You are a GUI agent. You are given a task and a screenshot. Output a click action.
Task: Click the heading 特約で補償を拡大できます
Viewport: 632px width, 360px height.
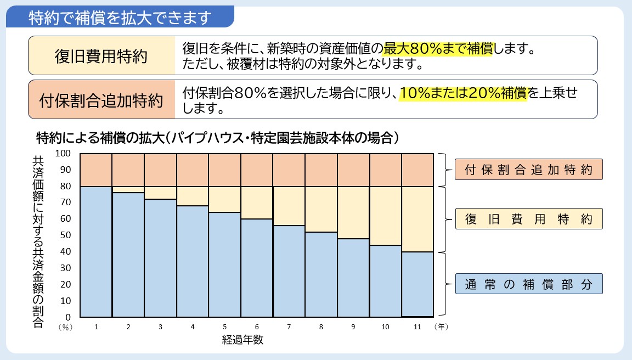[x=120, y=18]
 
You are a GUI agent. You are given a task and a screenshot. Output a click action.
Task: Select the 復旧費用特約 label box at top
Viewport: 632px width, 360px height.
[x=101, y=55]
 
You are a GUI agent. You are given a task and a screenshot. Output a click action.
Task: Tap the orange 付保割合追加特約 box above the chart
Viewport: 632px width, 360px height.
[x=101, y=99]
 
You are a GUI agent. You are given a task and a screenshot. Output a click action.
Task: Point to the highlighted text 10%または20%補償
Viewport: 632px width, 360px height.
[x=463, y=93]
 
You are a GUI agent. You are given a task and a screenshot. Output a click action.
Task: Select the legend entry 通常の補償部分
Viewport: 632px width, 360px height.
[x=529, y=284]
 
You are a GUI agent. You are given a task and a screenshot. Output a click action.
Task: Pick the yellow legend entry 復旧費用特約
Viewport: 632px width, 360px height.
[x=529, y=219]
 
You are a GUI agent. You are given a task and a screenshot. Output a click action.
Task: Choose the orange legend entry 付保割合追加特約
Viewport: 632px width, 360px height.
[x=529, y=170]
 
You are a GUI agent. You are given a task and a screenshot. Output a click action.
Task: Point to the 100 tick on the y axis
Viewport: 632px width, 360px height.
[x=64, y=153]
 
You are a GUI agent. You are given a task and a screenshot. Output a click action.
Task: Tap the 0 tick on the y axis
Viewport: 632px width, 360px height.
[x=68, y=317]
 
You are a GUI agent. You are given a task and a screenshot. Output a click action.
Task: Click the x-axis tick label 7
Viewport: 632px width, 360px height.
[x=289, y=327]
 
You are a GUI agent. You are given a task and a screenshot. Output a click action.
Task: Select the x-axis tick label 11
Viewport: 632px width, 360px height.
[x=417, y=327]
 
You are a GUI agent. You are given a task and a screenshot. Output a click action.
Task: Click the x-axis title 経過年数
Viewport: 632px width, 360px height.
[x=243, y=340]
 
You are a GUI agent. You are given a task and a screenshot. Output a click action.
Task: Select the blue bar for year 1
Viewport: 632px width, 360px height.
[x=96, y=252]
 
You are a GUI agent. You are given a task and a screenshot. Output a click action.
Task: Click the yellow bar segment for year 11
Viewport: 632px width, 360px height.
[x=417, y=219]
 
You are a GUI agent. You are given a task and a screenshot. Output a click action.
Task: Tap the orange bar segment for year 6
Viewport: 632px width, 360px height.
[x=257, y=170]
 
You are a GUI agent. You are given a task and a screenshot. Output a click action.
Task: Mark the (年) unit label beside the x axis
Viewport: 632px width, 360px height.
[x=442, y=327]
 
